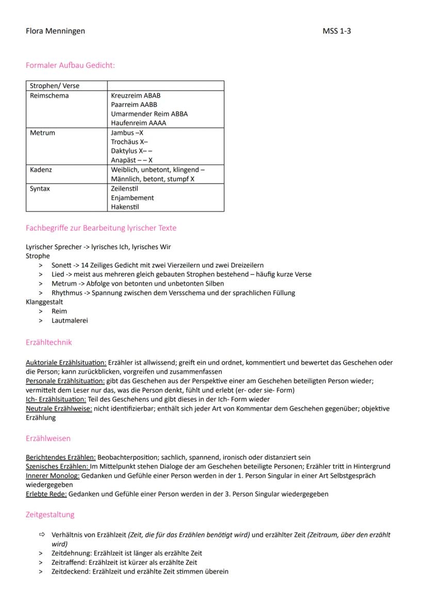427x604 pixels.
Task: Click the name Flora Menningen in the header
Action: point(55,31)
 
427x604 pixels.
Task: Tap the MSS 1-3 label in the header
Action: point(337,31)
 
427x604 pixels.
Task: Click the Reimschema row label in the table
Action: point(50,95)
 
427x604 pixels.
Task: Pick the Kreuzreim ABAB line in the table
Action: point(136,95)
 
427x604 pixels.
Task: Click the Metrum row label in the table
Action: point(42,133)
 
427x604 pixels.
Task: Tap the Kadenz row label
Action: point(41,170)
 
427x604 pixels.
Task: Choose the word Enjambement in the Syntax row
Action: point(133,198)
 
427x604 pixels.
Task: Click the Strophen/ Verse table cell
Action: point(54,86)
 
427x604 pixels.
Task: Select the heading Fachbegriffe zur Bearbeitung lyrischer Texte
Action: point(101,228)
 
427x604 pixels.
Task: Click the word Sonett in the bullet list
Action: point(62,265)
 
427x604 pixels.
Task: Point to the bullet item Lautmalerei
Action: point(70,321)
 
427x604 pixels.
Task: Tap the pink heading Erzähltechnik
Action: point(48,342)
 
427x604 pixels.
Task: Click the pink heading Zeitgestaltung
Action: point(50,515)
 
